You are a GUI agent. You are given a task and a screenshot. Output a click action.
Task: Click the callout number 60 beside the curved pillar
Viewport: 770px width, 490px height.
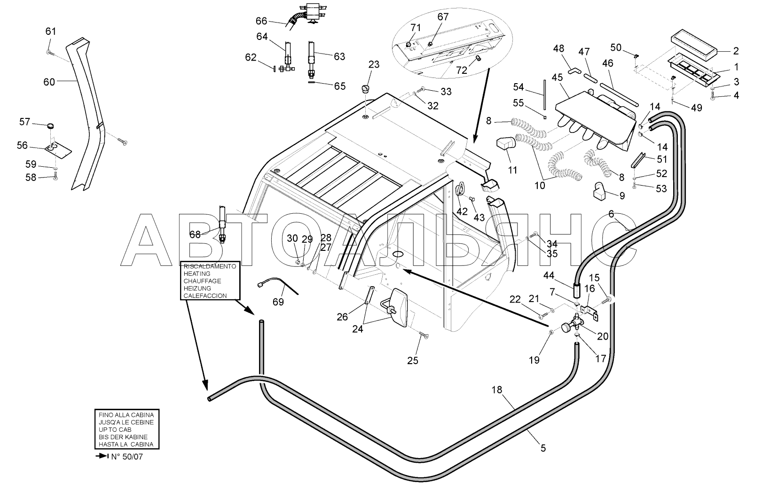49,82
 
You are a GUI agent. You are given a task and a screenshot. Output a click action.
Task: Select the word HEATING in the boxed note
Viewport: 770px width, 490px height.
197,273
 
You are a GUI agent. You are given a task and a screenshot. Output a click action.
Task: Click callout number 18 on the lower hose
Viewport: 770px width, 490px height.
497,390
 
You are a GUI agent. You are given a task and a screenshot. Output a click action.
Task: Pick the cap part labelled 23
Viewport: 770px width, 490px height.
366,89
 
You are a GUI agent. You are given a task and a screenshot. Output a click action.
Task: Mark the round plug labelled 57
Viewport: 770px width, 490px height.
51,126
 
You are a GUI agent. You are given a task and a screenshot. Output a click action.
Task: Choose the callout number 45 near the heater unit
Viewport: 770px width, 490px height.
557,78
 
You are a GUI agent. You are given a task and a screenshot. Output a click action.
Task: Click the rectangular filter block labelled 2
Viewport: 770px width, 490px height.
694,45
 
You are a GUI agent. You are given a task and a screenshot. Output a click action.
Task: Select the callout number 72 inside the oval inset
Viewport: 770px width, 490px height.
462,70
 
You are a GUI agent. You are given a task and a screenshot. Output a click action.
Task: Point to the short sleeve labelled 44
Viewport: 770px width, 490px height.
576,291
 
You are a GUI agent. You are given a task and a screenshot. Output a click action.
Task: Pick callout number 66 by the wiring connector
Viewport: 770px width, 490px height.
261,21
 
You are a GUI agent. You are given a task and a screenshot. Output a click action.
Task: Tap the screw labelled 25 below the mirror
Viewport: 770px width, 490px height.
424,335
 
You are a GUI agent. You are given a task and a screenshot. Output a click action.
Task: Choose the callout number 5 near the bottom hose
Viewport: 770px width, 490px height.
543,448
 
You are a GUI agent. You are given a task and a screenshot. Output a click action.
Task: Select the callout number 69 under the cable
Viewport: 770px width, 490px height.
278,302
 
